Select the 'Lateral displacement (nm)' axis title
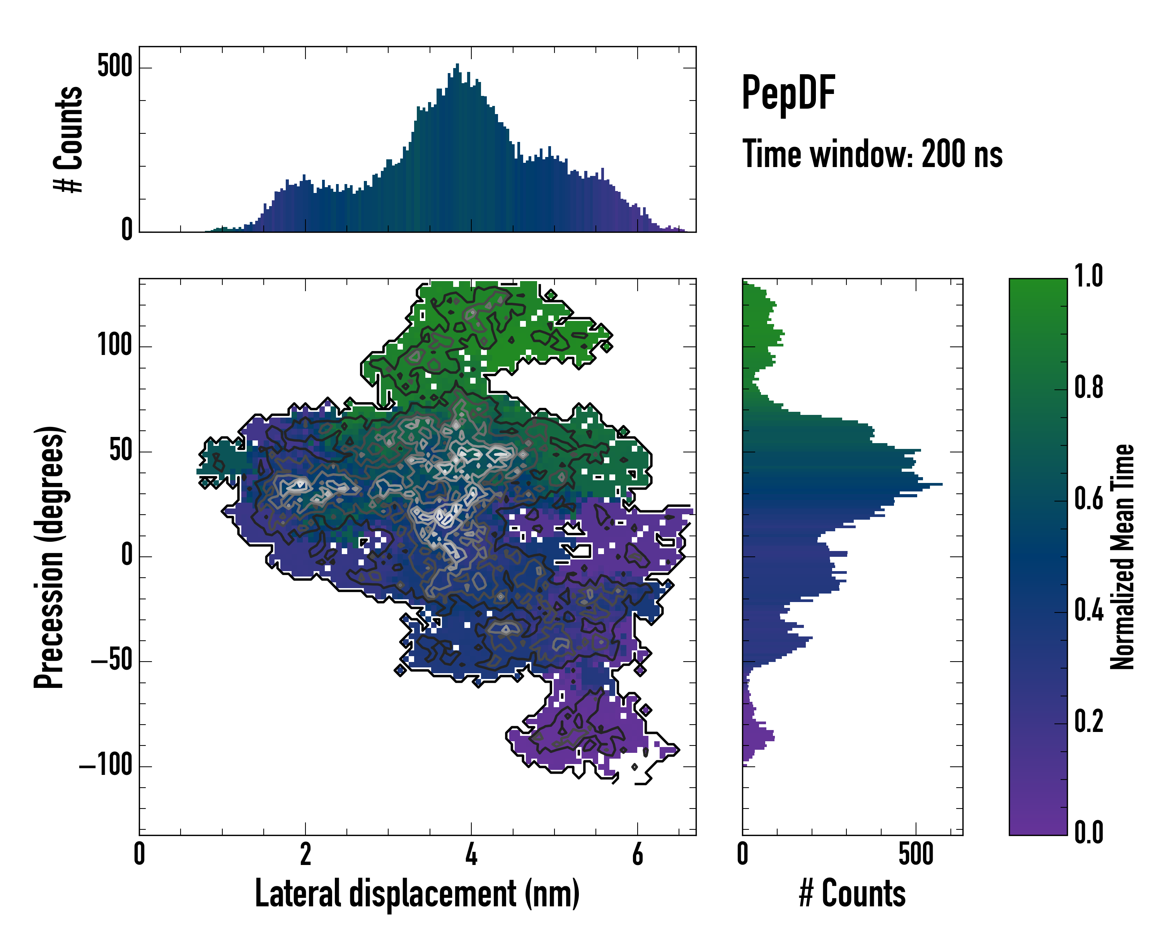pos(417,893)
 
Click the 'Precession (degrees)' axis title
pos(49,557)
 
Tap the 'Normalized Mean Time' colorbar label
pos(1122,557)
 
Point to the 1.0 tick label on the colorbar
pos(1088,276)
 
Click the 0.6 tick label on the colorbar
pos(1088,499)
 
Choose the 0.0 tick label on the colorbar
pos(1088,832)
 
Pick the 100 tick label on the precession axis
pos(114,345)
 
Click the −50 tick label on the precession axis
pos(111,661)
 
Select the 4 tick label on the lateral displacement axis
pos(471,854)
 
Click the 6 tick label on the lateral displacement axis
pos(638,854)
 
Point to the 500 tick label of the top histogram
pos(114,67)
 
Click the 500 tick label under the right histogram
pos(916,854)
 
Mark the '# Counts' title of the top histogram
pos(69,139)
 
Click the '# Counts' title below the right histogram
pos(852,893)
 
